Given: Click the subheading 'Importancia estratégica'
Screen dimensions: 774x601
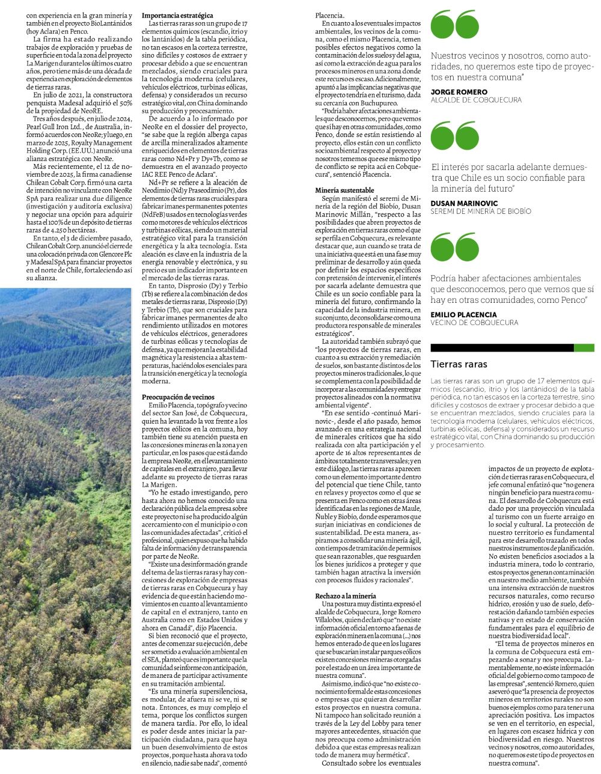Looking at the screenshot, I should point(177,15).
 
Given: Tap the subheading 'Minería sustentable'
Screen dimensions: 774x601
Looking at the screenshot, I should point(340,190).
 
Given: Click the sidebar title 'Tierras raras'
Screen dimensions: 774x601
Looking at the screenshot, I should point(459,364).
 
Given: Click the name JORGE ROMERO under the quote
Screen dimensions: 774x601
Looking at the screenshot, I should point(459,92).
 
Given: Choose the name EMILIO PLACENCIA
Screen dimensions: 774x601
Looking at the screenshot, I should point(463,314).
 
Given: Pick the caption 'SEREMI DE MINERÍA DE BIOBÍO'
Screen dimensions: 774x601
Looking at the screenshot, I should point(481,212).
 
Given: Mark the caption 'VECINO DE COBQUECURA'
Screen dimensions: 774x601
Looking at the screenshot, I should point(474,323).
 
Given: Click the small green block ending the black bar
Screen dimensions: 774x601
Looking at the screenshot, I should point(584,348).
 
